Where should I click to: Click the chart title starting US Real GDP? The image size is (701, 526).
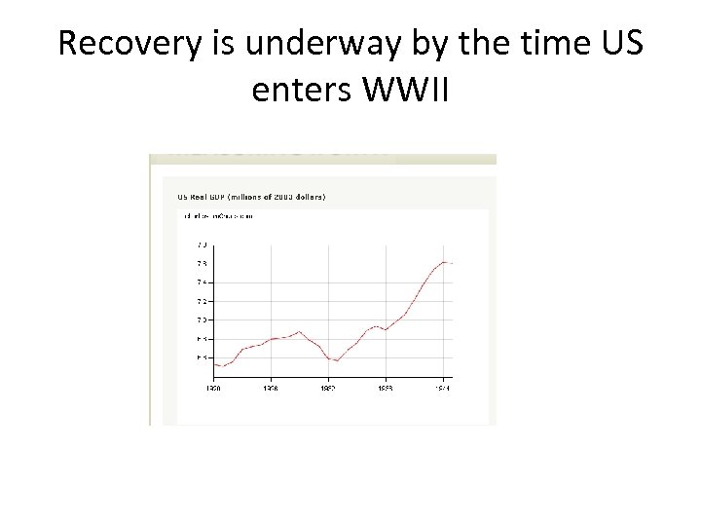point(250,196)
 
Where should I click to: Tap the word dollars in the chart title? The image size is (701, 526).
point(307,196)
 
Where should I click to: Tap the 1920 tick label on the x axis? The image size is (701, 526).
point(213,388)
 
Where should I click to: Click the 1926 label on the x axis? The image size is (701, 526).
point(270,388)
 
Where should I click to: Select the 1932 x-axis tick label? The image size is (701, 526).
point(328,388)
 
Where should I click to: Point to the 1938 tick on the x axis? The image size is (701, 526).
point(386,388)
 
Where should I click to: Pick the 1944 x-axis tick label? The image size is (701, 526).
point(443,388)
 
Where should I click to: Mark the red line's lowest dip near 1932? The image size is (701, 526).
point(337,360)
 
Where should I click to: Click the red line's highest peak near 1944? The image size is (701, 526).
point(444,262)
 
